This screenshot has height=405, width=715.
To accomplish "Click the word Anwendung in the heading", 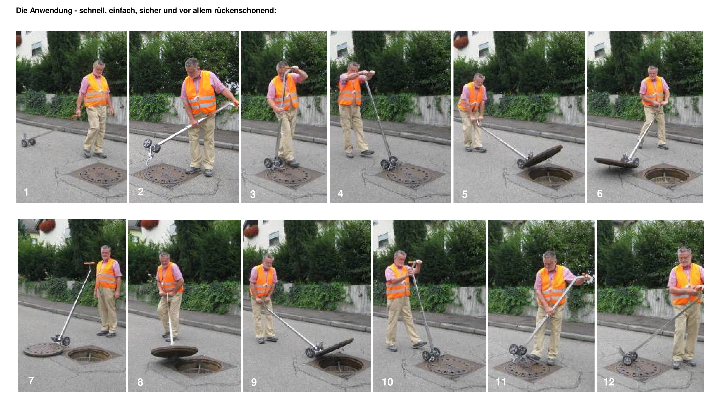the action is (x=51, y=11).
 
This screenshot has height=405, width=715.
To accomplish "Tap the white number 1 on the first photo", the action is (x=26, y=192).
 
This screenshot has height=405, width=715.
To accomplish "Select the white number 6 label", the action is (x=600, y=194).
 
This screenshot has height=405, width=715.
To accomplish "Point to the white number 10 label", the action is (x=387, y=382).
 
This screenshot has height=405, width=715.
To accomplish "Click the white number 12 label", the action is (x=609, y=382).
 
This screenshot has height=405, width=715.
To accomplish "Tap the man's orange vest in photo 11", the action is (x=552, y=285).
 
